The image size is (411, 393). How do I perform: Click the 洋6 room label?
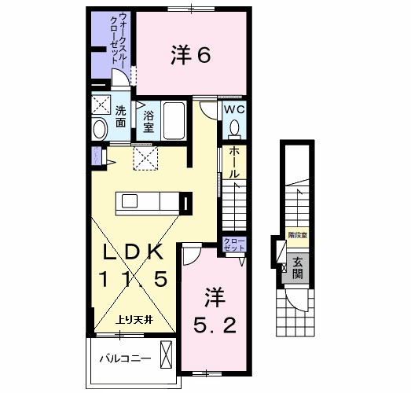click(190, 54)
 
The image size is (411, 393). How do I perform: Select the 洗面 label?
click(120, 116)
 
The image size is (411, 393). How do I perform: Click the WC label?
click(235, 110)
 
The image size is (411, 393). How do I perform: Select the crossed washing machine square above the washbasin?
click(101, 105)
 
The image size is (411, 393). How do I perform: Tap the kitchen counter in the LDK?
click(149, 203)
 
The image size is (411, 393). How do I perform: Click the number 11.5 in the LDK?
click(133, 280)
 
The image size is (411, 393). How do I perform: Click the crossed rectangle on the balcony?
click(167, 355)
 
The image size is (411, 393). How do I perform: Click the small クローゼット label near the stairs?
click(234, 244)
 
